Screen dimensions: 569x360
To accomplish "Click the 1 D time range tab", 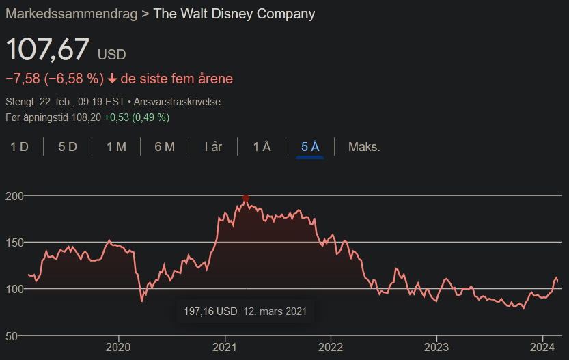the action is point(19,147).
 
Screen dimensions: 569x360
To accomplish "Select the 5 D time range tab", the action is point(68,147).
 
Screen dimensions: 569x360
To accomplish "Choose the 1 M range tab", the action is point(116,147).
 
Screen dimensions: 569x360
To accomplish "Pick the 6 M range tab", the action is point(165,147).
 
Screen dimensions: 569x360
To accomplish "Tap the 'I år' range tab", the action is point(213,147).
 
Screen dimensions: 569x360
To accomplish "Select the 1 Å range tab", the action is point(262,147).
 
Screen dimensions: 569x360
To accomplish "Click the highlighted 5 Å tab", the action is point(310,147).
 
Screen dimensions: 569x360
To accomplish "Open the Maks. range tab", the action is point(364,147).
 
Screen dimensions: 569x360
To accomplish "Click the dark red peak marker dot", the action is point(246,198).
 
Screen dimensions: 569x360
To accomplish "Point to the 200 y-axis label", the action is point(14,196).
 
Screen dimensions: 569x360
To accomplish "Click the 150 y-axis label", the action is point(14,243).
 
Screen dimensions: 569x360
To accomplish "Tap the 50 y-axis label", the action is point(12,336).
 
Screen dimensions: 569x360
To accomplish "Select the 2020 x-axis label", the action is point(118,347).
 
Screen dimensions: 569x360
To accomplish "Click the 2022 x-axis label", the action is point(331,347).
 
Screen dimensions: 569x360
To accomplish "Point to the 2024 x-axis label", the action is point(542,347).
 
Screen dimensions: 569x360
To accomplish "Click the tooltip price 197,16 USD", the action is point(210,311).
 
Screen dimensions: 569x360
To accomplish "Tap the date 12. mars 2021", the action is point(275,311).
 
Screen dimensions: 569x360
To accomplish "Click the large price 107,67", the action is point(48,49).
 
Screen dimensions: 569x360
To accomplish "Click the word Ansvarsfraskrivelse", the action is point(177,102).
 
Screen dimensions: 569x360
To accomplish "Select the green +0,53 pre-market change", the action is point(117,117).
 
